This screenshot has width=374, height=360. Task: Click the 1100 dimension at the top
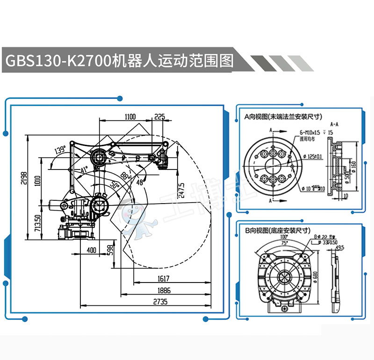coord(130,117)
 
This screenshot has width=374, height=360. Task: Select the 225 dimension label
coord(160,117)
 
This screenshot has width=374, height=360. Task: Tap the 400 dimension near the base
coord(92,250)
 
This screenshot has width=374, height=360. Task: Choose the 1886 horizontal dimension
coord(163,290)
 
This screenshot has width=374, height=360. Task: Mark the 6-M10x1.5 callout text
coord(309,133)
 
